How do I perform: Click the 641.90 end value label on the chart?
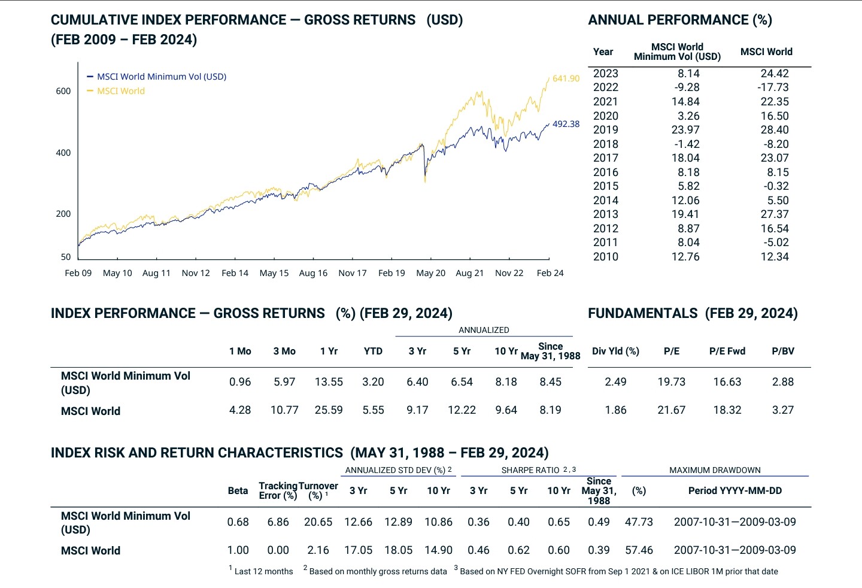(x=566, y=78)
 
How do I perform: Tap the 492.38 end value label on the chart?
(x=566, y=124)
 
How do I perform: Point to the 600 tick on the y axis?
(x=63, y=91)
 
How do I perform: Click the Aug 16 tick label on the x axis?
(x=313, y=273)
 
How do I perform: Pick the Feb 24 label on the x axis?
(x=550, y=273)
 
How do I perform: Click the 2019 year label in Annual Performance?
(x=605, y=130)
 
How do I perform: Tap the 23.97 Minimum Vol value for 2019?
(x=685, y=130)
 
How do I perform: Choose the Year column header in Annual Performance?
(x=603, y=52)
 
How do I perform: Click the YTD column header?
(x=373, y=351)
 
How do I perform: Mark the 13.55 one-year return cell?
(x=329, y=382)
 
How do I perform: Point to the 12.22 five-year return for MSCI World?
(x=462, y=410)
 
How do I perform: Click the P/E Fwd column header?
(x=727, y=351)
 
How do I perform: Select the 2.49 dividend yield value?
(x=615, y=382)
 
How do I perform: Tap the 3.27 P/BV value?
(x=783, y=410)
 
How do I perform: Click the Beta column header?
(x=238, y=491)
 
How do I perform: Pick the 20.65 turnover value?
(x=318, y=522)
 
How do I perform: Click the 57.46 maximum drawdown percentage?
(x=639, y=550)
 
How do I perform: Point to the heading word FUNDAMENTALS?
(x=642, y=313)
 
